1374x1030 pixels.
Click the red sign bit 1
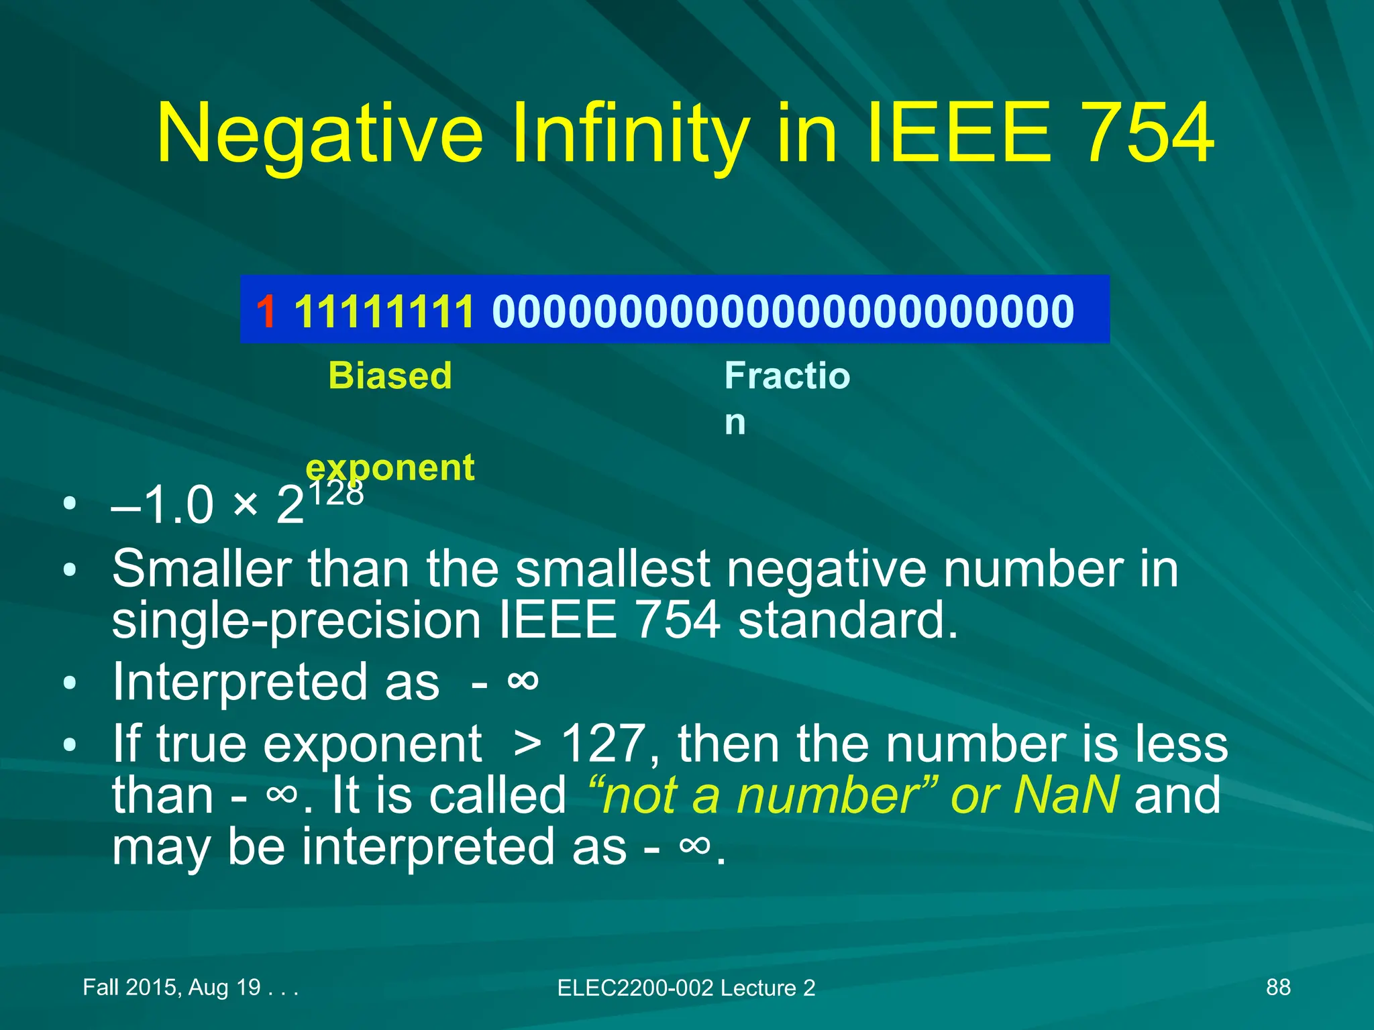click(x=266, y=312)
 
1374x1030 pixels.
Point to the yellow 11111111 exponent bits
click(x=384, y=312)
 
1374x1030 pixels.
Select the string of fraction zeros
click(x=783, y=312)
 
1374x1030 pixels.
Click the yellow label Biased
click(x=390, y=376)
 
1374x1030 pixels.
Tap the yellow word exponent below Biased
click(x=390, y=467)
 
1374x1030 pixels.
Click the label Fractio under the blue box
click(x=787, y=376)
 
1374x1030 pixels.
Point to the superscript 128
click(x=335, y=493)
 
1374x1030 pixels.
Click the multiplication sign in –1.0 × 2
click(x=246, y=504)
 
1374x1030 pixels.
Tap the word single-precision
click(x=296, y=620)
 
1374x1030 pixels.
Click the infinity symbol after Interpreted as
click(x=523, y=681)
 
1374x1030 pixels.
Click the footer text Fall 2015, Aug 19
click(x=172, y=987)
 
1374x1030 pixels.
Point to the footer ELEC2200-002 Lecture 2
click(x=686, y=988)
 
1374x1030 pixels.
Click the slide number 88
click(x=1277, y=987)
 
